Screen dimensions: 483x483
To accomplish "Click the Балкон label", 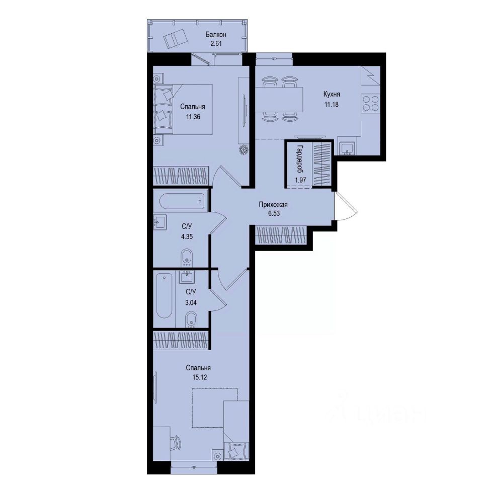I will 215,35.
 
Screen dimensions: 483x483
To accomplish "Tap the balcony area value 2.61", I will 215,43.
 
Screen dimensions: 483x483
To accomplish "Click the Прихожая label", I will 274,205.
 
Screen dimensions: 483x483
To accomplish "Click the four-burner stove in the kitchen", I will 371,103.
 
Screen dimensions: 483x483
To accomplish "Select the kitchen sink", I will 347,147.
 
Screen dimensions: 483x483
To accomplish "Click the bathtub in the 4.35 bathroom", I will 182,202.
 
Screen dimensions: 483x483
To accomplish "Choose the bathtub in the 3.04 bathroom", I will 165,295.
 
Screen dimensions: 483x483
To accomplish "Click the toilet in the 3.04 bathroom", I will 191,319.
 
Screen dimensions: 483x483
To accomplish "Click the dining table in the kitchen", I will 282,100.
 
